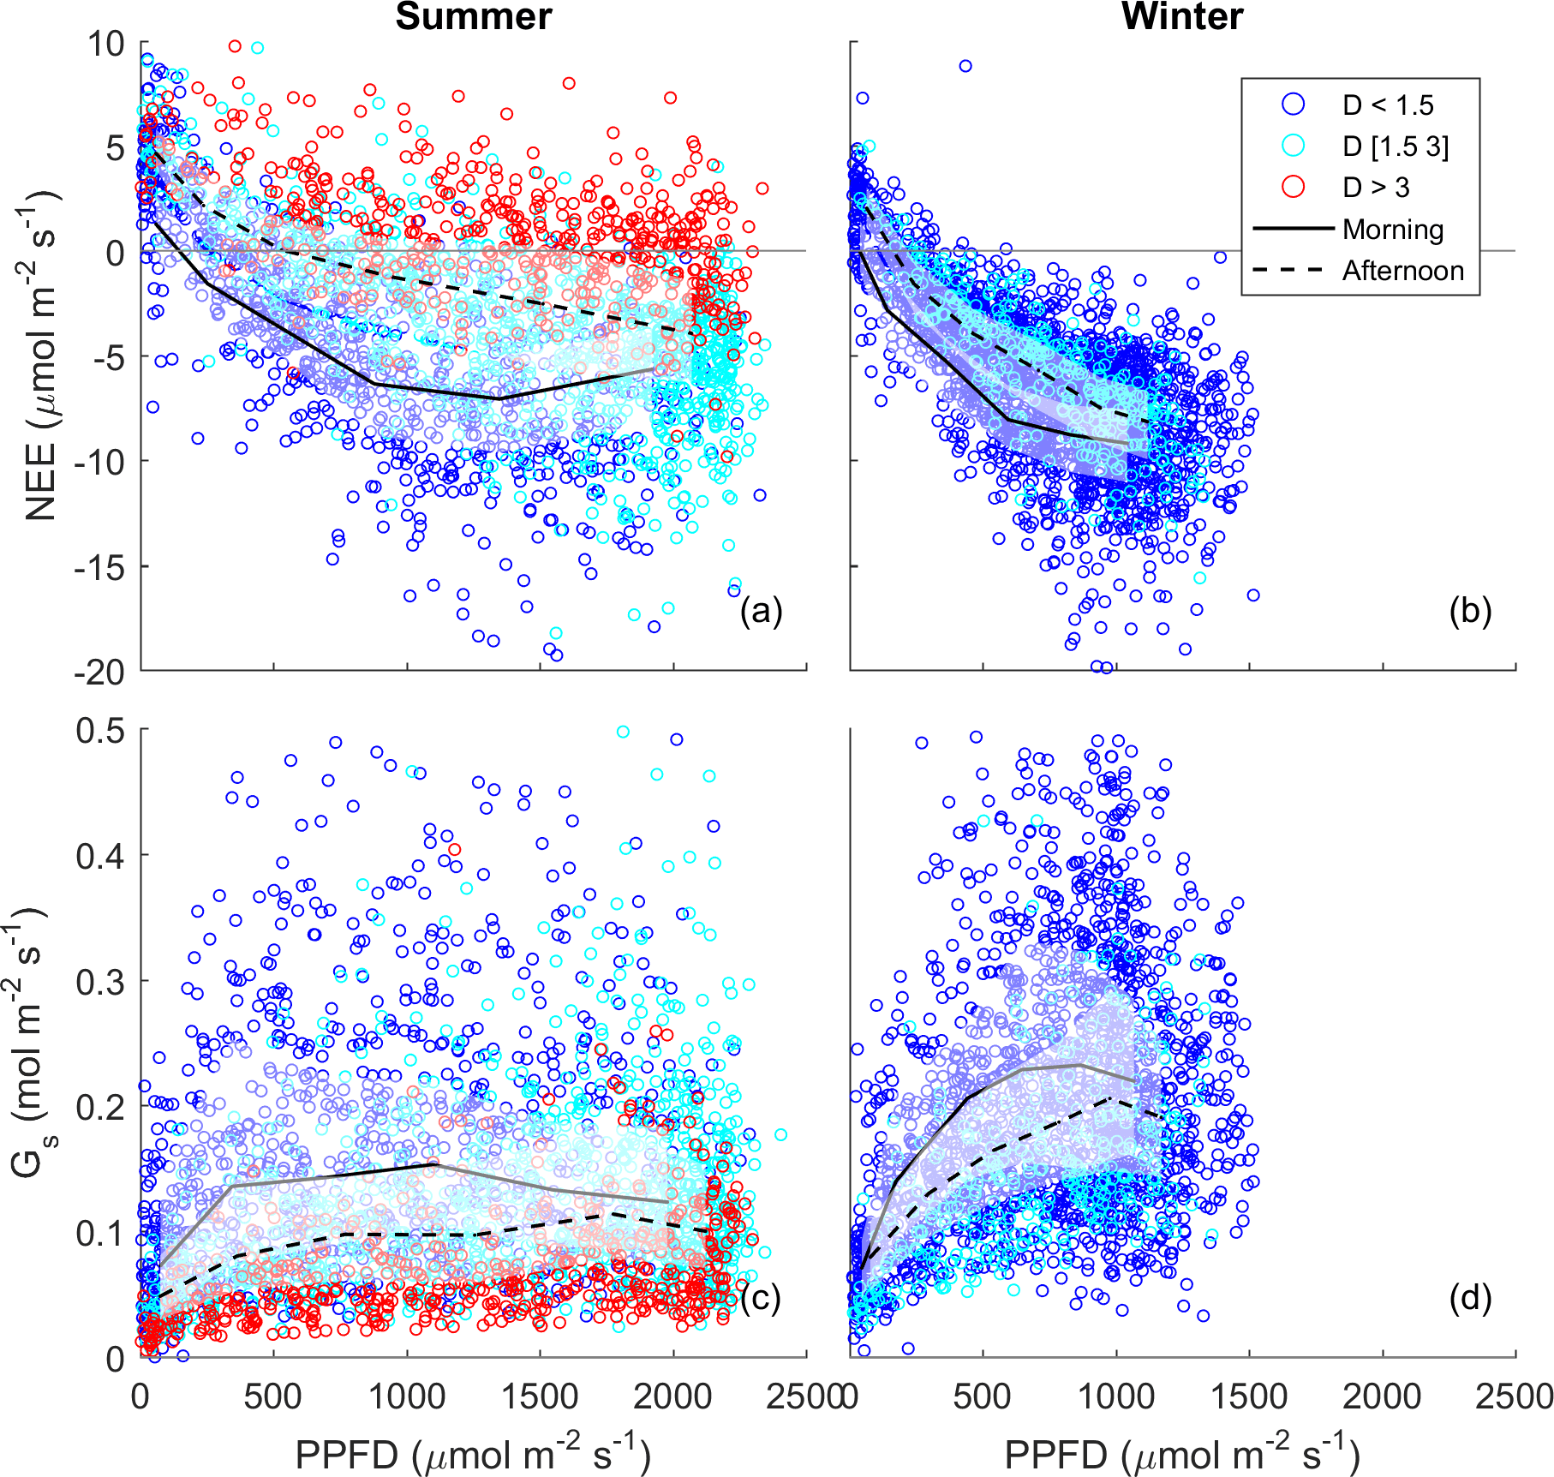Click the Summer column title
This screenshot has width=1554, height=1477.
(x=473, y=17)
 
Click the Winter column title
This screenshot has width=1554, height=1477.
(x=1181, y=17)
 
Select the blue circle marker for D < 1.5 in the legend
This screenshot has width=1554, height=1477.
(x=1293, y=105)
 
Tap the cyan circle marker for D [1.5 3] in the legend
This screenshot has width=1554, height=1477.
(x=1293, y=146)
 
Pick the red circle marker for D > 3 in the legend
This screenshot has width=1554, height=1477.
(x=1293, y=187)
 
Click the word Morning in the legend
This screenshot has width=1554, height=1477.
(x=1393, y=229)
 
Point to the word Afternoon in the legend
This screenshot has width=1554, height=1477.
(x=1403, y=271)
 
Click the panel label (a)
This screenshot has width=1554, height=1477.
(x=761, y=611)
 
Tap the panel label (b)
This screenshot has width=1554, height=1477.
(x=1470, y=611)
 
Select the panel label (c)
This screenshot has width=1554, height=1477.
(x=761, y=1299)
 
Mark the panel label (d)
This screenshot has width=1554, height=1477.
(x=1470, y=1299)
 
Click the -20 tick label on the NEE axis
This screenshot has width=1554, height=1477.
(x=99, y=673)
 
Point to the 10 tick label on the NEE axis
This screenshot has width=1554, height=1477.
(x=105, y=44)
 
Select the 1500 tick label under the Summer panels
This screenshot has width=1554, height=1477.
(x=540, y=1397)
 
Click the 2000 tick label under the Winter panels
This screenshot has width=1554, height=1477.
(x=1382, y=1397)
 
